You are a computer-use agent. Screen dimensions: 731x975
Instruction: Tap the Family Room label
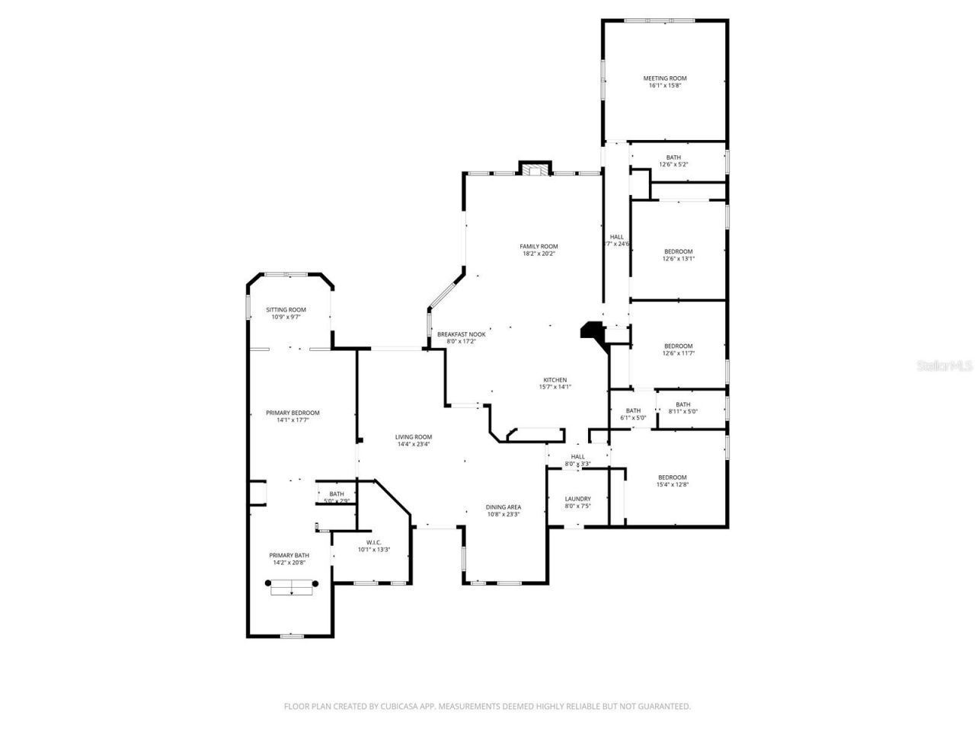click(539, 246)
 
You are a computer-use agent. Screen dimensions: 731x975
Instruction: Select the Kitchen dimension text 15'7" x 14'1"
click(555, 387)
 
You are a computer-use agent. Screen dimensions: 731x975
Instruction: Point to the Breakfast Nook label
click(461, 334)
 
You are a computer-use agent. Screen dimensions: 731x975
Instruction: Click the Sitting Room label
click(286, 309)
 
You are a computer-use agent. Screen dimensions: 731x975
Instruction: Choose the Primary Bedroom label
click(292, 413)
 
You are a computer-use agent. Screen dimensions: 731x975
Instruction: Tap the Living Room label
click(414, 437)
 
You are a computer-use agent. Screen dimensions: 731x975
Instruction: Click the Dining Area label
click(503, 507)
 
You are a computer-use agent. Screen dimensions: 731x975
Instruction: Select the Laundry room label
click(577, 499)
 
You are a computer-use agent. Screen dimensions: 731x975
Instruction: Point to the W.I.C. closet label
click(373, 542)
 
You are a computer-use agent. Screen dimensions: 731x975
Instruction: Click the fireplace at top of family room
click(535, 169)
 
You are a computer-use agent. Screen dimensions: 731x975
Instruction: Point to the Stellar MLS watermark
click(945, 366)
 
